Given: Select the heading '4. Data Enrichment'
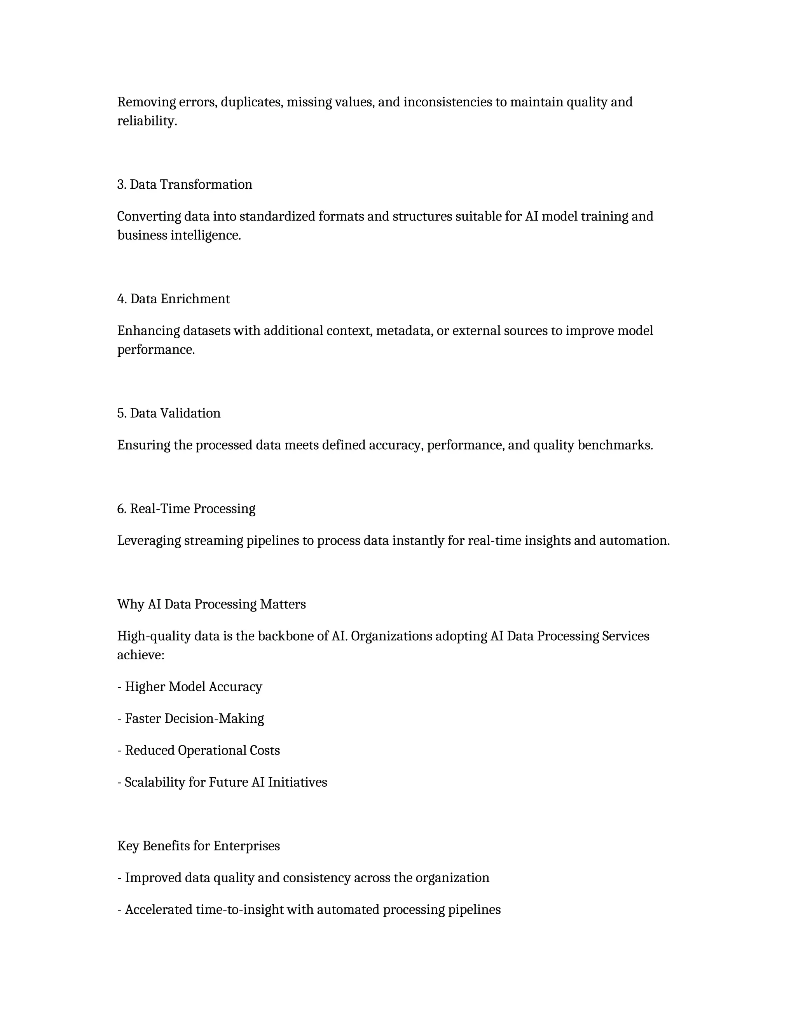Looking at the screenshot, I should coord(173,299).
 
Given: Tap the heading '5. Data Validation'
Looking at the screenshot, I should coord(169,413).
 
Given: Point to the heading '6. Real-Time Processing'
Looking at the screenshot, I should coord(186,509).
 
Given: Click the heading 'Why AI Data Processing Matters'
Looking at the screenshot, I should coord(211,605).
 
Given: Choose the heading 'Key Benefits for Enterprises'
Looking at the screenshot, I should coord(199,846).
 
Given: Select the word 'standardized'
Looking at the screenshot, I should coord(277,217).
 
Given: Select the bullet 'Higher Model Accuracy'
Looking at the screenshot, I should coord(193,687).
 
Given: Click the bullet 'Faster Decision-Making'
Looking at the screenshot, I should coord(194,719).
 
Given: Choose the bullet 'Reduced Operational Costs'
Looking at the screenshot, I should coord(202,751).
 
